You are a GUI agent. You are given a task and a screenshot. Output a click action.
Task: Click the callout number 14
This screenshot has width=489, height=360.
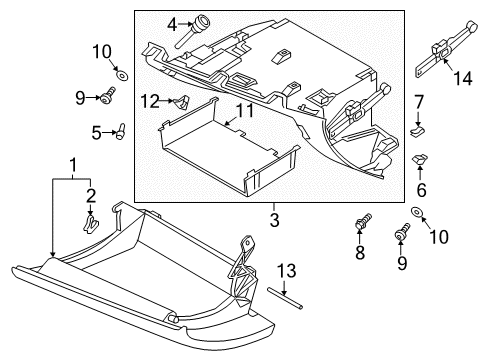463,79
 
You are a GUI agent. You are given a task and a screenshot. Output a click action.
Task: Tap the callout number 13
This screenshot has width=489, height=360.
287,271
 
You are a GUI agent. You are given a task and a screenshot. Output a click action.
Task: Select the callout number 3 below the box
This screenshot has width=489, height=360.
274,220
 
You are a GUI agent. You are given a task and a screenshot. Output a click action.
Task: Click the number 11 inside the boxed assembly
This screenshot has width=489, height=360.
245,111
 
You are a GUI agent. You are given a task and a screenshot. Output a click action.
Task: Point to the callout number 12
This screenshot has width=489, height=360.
150,101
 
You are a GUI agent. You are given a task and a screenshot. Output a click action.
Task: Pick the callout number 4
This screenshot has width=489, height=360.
172,24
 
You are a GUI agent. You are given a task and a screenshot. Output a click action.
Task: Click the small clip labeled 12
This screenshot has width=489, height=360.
182,102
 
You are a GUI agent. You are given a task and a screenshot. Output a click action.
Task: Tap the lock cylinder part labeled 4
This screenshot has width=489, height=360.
194,31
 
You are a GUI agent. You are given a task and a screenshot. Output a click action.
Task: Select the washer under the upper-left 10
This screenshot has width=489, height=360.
122,75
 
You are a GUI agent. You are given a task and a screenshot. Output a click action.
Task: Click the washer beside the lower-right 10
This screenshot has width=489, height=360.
415,211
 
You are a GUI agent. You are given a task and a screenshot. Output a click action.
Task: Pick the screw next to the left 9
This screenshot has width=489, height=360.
108,95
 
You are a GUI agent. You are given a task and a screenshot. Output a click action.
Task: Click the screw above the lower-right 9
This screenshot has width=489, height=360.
402,231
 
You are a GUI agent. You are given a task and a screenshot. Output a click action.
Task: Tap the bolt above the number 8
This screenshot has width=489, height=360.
363,221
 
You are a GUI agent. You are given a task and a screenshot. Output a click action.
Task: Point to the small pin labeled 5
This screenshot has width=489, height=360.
120,131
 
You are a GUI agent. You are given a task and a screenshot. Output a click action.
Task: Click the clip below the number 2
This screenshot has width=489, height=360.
90,223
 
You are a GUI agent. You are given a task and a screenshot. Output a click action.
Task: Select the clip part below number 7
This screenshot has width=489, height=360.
418,131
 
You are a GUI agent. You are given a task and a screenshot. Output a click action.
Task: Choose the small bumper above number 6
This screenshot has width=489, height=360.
420,158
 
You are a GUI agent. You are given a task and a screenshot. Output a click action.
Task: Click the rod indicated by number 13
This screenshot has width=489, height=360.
285,297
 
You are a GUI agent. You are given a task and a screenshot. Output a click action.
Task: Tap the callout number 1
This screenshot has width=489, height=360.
73,166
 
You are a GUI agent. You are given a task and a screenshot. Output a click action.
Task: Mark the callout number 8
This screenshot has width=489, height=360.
360,253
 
